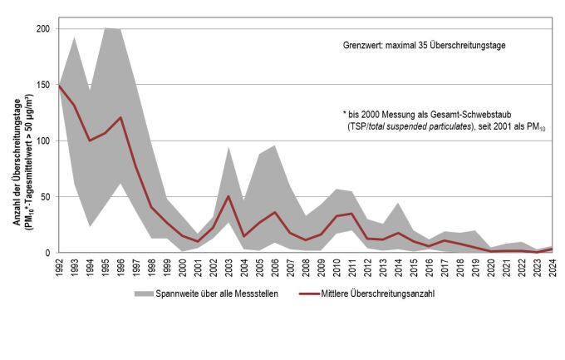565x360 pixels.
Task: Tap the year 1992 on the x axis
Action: pos(58,270)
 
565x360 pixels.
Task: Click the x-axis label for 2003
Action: pos(228,270)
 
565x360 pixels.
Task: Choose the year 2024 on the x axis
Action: pos(553,270)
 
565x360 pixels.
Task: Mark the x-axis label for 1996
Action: pos(120,270)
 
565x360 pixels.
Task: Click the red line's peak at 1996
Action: pos(120,117)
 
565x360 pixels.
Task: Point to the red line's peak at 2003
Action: pos(228,196)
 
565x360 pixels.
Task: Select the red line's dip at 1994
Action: pos(90,141)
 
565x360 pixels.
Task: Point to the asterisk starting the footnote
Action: pos(343,113)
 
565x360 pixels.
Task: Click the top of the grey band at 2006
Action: pos(275,145)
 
